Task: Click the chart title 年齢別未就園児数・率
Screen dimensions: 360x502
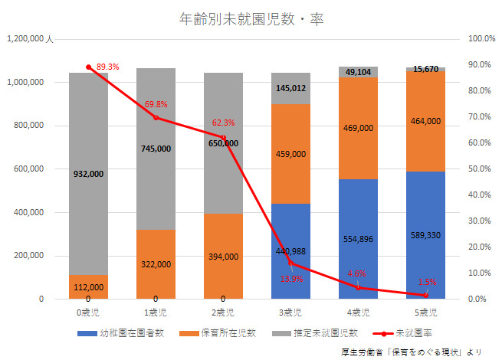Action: click(x=251, y=18)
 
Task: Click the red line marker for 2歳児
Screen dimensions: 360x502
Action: click(x=223, y=137)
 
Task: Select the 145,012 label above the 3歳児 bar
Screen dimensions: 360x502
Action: click(x=290, y=88)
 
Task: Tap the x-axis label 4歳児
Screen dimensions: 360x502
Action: click(x=358, y=313)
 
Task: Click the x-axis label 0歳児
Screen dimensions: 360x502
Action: click(x=88, y=313)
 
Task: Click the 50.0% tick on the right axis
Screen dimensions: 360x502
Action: click(x=481, y=169)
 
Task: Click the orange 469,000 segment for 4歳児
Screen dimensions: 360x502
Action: click(x=358, y=128)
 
